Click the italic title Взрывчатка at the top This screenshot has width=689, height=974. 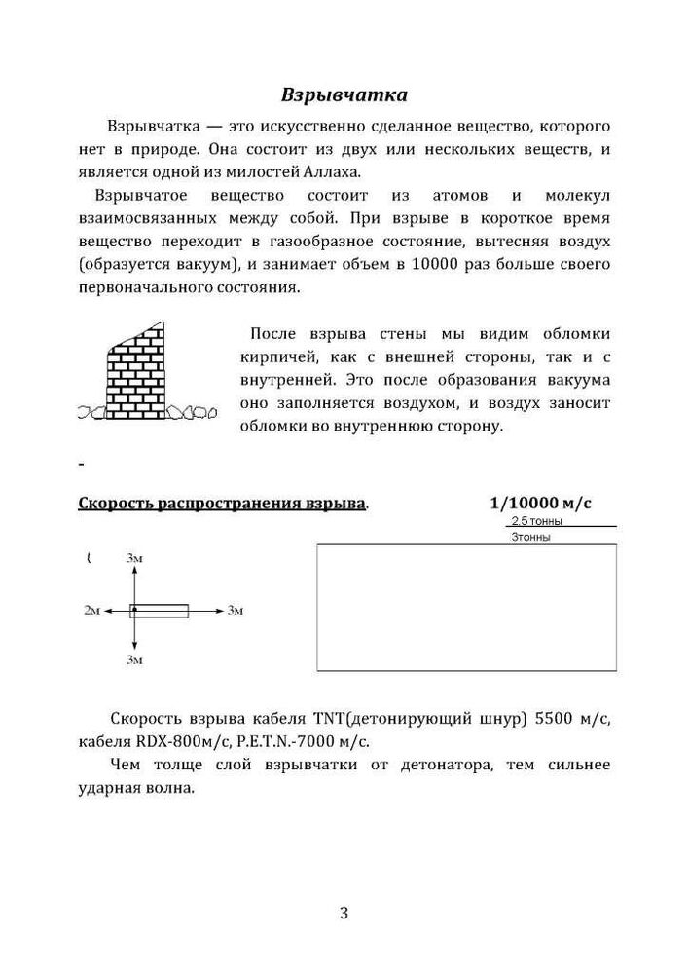(x=344, y=95)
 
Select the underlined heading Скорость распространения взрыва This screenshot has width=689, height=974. (x=222, y=504)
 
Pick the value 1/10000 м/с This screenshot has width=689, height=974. (x=541, y=504)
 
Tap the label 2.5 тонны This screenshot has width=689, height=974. (x=536, y=522)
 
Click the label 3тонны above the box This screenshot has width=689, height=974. (x=530, y=537)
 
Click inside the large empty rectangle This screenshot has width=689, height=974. (x=467, y=607)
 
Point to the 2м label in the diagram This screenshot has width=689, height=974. (x=91, y=611)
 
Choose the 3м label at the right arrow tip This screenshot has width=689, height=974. (x=235, y=611)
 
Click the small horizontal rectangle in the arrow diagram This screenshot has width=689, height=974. (x=161, y=611)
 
